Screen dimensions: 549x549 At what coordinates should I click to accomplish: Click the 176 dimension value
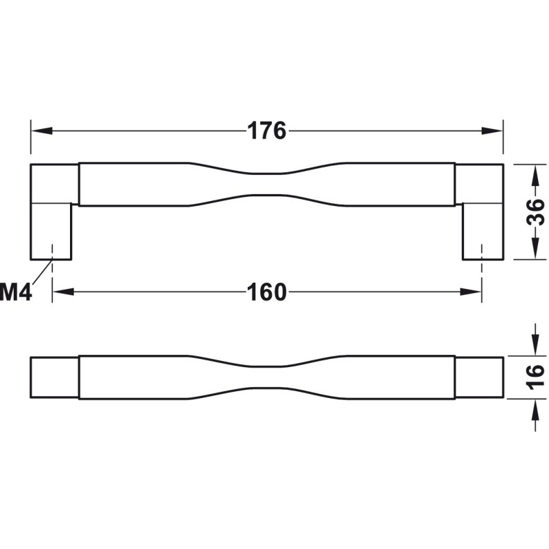(267, 131)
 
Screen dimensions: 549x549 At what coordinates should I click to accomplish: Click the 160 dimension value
(267, 292)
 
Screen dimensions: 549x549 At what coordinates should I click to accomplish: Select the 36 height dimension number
(536, 212)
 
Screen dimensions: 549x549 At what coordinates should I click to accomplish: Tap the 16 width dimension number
(536, 377)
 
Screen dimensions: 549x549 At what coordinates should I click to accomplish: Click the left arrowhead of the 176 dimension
(42, 131)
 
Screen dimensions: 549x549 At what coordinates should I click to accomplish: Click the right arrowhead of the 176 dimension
(492, 131)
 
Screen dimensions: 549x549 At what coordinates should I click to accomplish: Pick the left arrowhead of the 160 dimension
(63, 292)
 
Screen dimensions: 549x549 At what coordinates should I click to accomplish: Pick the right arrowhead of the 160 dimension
(471, 292)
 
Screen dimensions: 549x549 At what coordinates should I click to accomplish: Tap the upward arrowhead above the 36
(536, 175)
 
